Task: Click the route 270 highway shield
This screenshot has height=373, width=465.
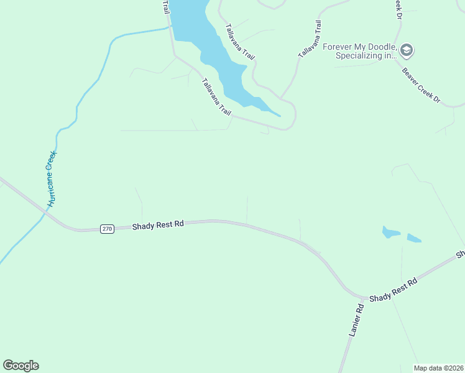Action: point(108,229)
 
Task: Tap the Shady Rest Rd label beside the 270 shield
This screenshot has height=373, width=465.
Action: point(158,225)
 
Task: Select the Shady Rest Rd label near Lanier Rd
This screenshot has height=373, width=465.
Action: point(393,290)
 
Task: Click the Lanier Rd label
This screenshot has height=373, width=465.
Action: point(355,321)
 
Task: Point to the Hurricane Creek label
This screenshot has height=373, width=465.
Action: point(52,178)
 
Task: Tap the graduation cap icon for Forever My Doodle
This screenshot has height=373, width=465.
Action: point(407,50)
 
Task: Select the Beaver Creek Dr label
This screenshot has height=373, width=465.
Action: point(420,85)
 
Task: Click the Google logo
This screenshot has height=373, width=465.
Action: point(21,366)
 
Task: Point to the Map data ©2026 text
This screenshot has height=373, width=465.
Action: point(438,368)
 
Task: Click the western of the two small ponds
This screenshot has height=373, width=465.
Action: point(391,233)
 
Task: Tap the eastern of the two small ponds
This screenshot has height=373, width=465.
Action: point(414,238)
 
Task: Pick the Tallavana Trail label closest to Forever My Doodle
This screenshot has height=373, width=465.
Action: point(310,40)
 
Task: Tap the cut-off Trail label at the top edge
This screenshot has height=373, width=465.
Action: point(165,7)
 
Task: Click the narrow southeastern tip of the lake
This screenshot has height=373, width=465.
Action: point(277,114)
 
